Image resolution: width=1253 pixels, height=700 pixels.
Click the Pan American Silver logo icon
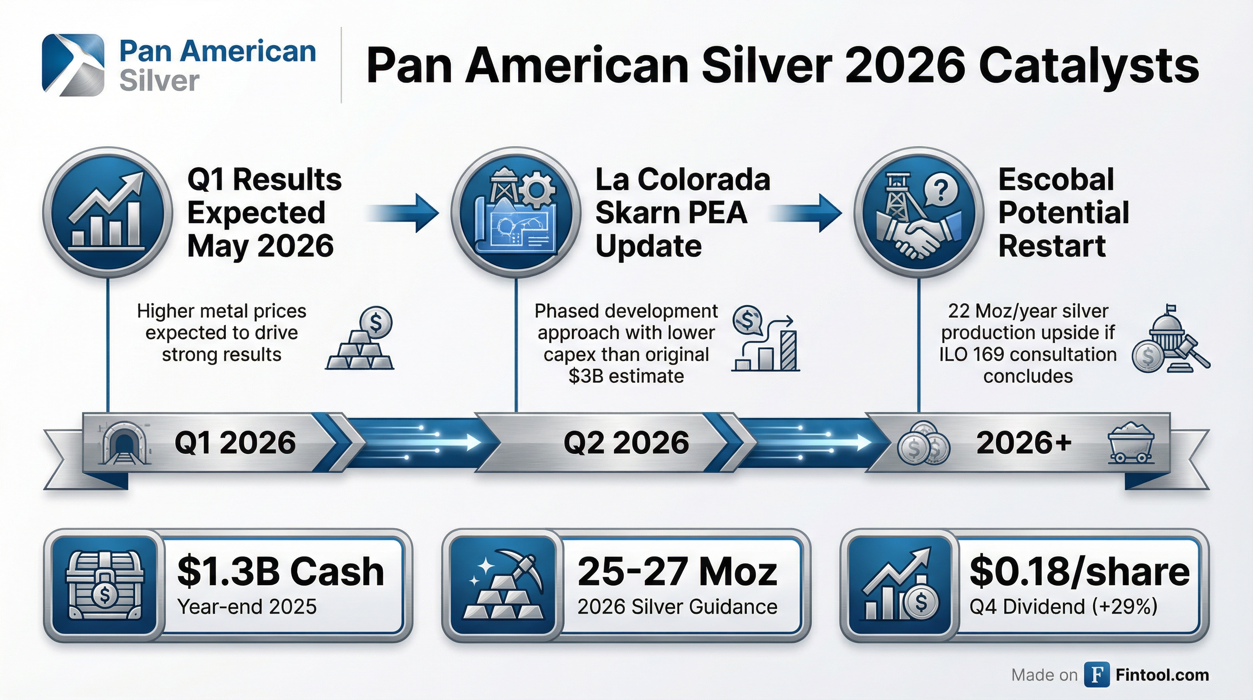[73, 65]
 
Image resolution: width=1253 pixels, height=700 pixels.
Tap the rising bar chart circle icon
[107, 213]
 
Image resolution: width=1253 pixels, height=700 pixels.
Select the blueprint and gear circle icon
[515, 213]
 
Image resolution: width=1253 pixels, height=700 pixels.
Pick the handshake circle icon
[919, 213]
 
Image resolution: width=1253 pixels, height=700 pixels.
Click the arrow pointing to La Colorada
[404, 213]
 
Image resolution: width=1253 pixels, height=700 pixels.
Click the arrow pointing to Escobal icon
[807, 213]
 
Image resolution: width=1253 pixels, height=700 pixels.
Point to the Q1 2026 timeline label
[235, 443]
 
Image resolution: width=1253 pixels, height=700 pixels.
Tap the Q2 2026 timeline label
[626, 443]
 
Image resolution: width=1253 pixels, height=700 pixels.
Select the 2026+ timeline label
[1024, 443]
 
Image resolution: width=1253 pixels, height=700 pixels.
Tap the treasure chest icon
[104, 586]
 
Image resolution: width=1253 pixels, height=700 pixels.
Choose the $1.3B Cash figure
[280, 571]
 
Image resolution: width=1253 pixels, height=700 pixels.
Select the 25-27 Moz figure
[677, 571]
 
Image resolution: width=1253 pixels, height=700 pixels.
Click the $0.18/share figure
[1080, 571]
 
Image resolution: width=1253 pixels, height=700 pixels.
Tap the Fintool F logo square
[1097, 674]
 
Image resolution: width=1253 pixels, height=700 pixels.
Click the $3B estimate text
[626, 376]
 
